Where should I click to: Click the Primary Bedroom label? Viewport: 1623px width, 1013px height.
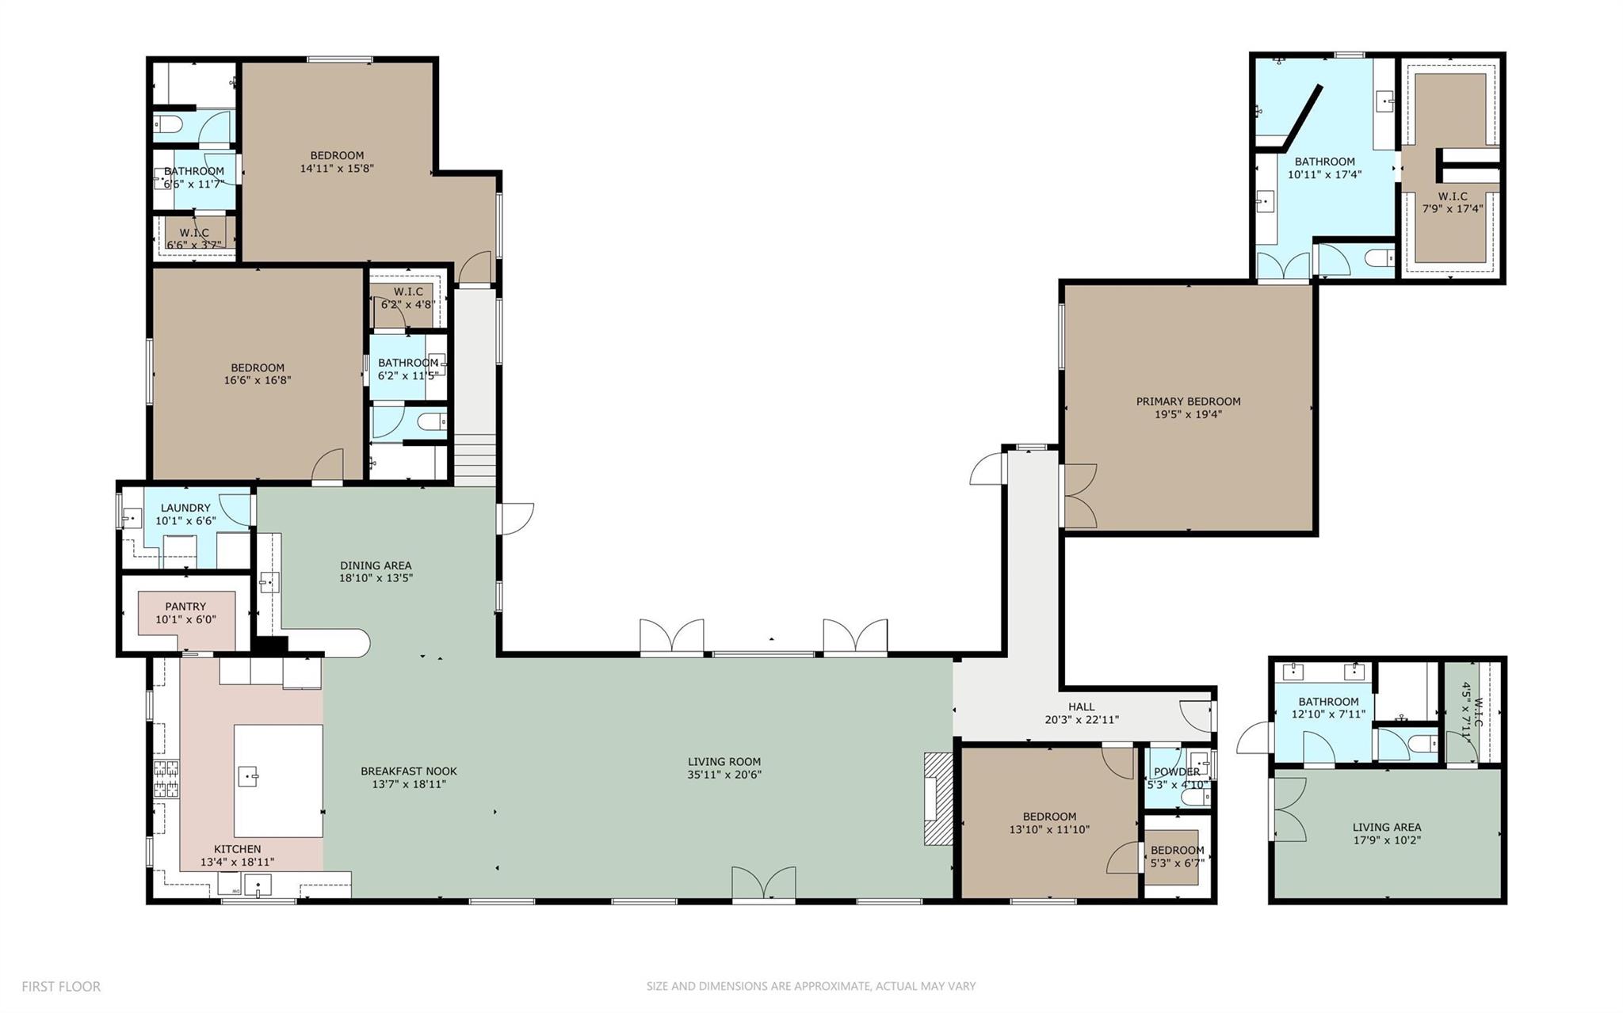(x=1188, y=402)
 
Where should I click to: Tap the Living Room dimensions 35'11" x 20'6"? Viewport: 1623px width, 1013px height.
(x=724, y=775)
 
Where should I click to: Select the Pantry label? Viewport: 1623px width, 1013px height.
(x=185, y=607)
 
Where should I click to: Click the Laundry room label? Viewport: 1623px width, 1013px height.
(x=185, y=508)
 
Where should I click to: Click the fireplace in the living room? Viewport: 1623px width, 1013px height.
(x=938, y=798)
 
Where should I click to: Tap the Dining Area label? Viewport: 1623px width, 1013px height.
(x=376, y=566)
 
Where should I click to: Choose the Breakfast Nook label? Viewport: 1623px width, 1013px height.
(x=409, y=771)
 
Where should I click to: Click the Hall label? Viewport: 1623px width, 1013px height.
(x=1081, y=706)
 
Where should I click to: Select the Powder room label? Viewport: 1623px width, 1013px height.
(x=1177, y=772)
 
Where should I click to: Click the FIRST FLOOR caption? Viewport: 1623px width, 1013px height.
(x=61, y=987)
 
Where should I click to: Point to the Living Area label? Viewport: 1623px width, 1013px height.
(x=1386, y=828)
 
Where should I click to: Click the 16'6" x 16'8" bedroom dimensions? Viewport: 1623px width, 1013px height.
(x=258, y=380)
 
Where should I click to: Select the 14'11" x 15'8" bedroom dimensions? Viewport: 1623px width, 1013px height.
(x=337, y=169)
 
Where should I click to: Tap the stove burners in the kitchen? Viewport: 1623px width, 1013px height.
(x=166, y=778)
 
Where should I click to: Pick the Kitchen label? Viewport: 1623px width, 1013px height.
(x=237, y=849)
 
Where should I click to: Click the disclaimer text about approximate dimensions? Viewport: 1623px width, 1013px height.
(x=811, y=987)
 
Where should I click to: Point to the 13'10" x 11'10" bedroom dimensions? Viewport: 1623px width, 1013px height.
(x=1049, y=830)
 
